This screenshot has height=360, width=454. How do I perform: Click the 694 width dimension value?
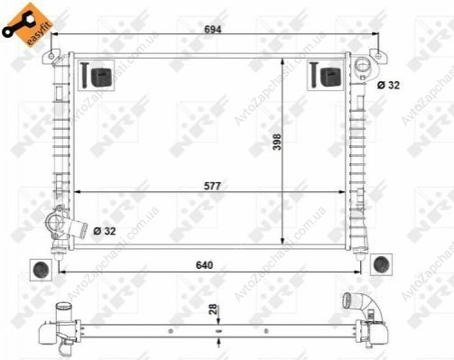point(213,29)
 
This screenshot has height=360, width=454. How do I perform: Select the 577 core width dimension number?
point(212,186)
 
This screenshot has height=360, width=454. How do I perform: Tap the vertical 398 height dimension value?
point(276,142)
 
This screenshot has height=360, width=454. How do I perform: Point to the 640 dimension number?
point(204,265)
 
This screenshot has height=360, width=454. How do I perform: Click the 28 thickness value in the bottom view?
point(213,309)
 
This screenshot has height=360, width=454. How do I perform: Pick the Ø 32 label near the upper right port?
point(388,86)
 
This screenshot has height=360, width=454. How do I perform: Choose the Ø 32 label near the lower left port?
point(105,231)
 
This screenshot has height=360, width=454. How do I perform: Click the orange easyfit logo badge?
point(28,24)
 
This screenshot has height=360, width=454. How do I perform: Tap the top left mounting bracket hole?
point(51,56)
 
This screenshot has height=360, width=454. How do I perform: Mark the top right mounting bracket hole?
point(378,56)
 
